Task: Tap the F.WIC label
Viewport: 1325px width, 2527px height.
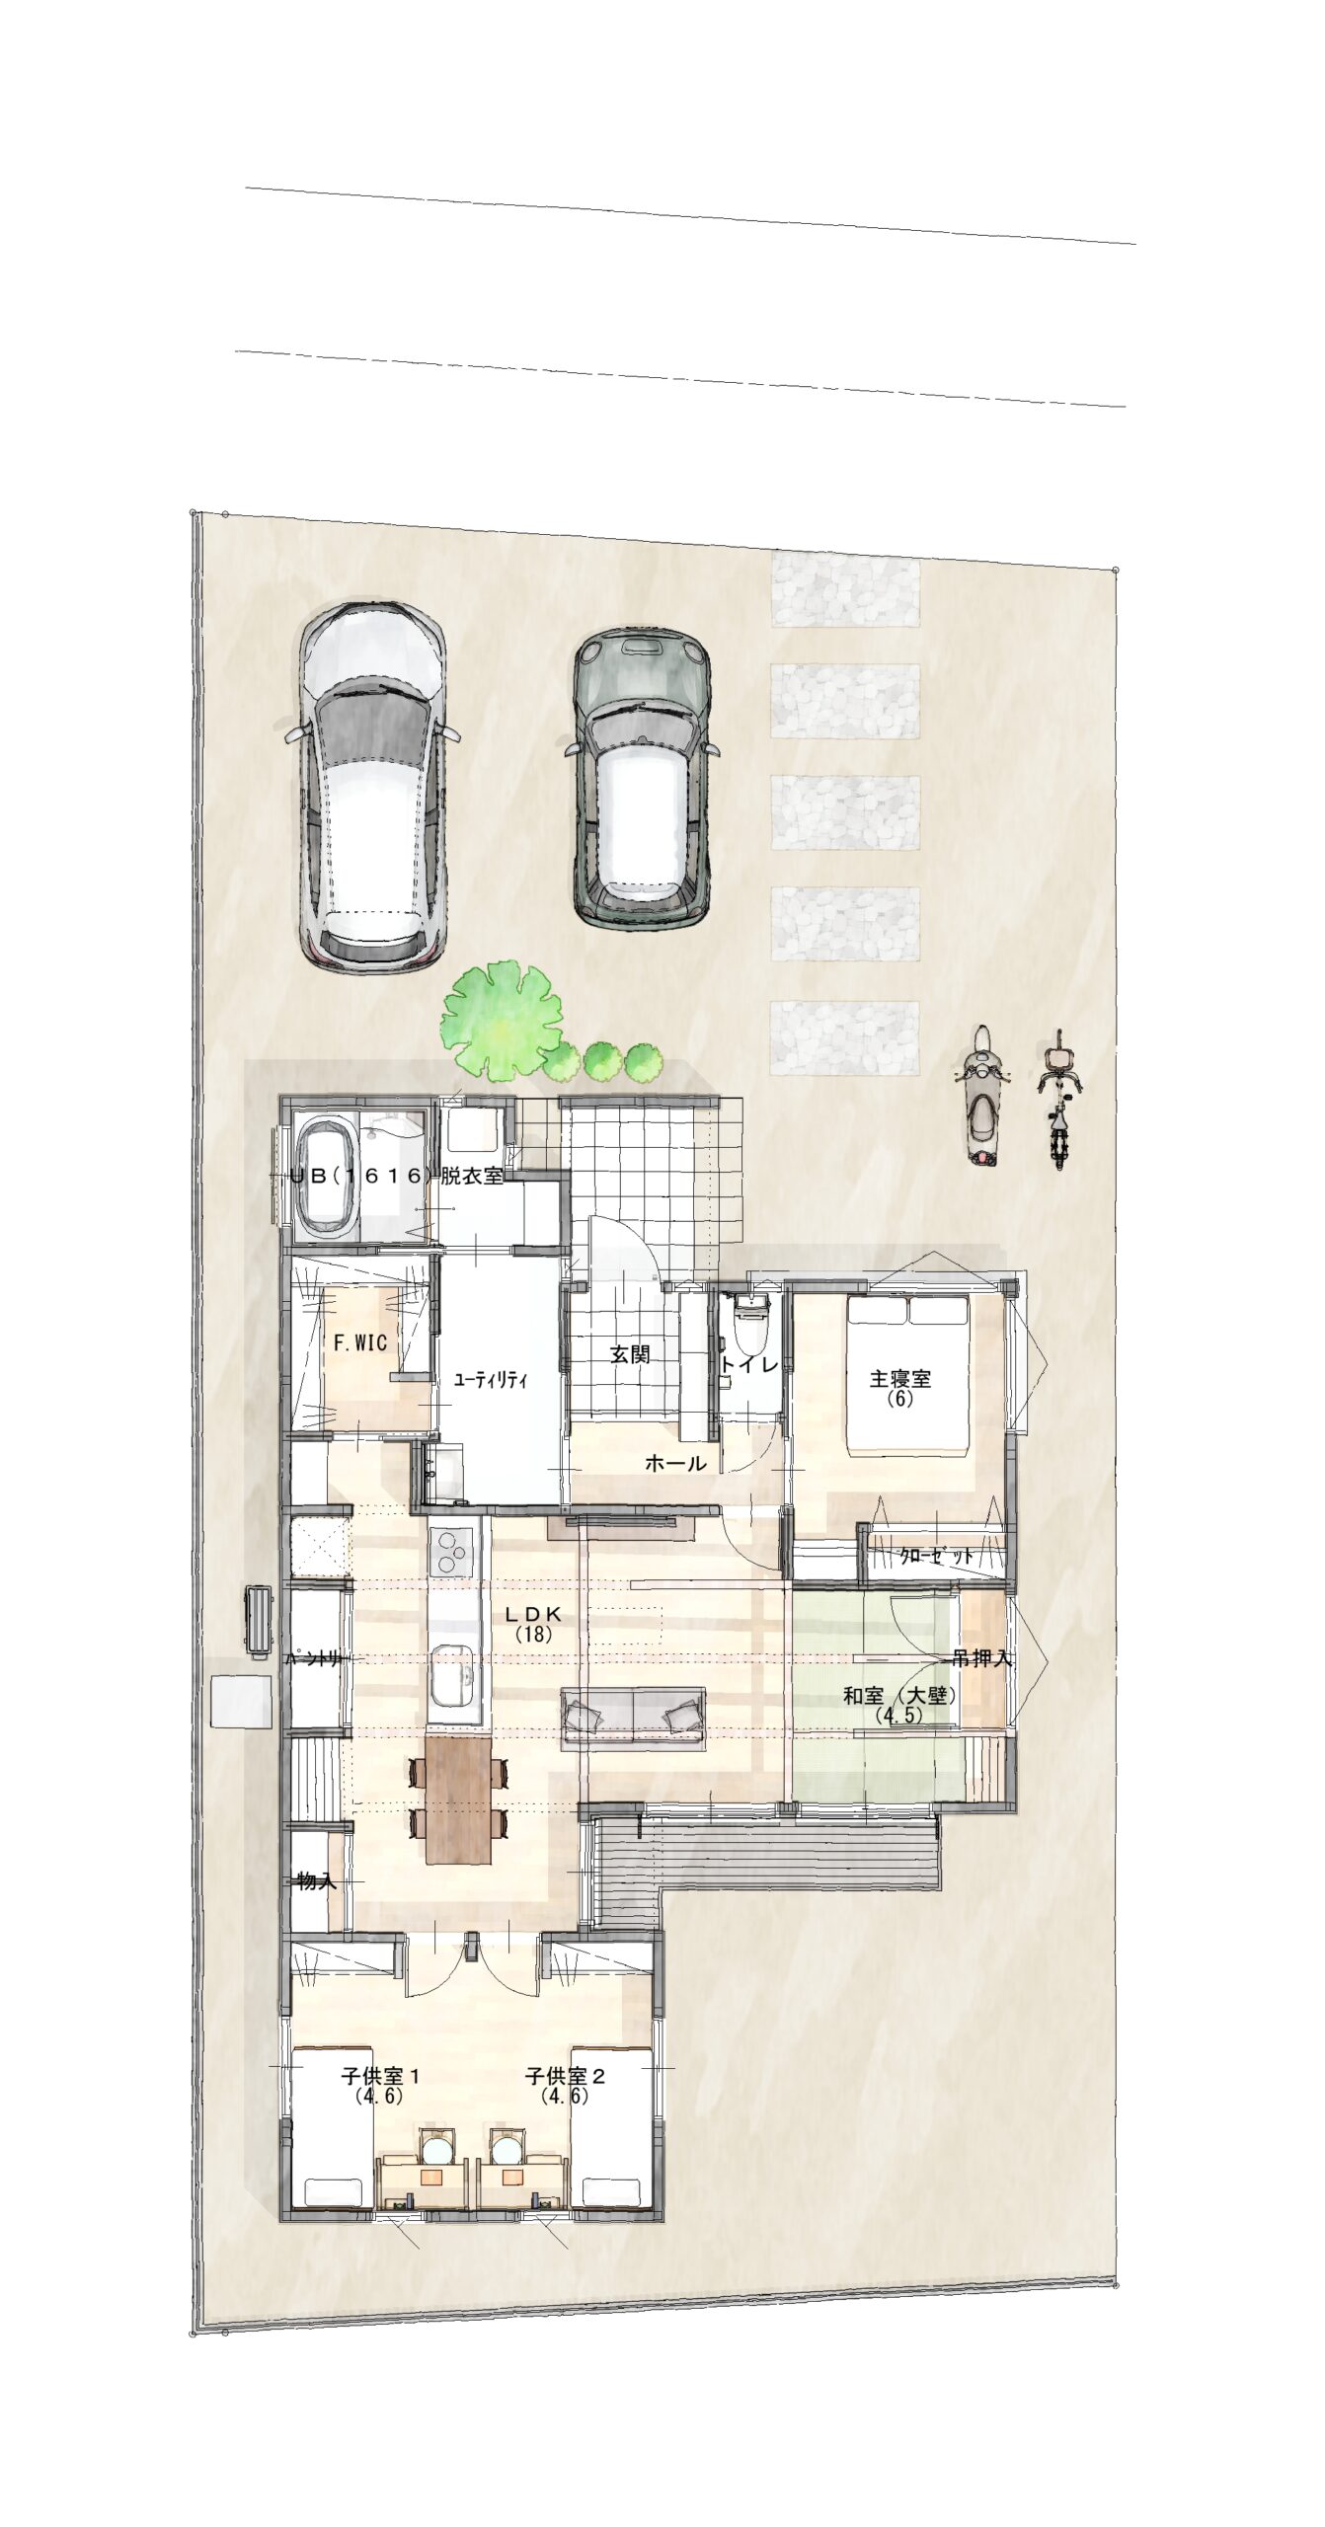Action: [x=358, y=1342]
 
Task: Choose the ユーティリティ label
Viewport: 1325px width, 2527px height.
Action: [x=491, y=1380]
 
